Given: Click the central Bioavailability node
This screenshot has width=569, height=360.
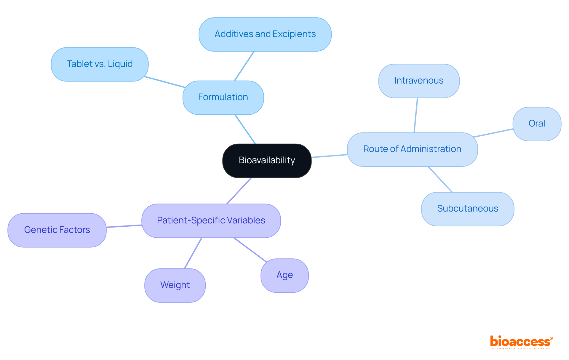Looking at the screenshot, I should pos(267,161).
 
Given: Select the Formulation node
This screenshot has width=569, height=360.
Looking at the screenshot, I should pos(223,97).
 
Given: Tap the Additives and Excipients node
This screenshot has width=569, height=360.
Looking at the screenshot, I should pos(265,34).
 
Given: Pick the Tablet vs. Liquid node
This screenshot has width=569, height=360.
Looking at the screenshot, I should pos(100,64).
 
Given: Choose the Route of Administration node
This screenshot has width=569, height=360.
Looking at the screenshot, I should pos(412,149).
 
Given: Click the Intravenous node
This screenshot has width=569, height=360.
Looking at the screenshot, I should pos(418,81).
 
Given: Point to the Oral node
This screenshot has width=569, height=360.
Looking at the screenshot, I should pos(536,124).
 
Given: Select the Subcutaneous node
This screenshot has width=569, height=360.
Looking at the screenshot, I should pos(467,209).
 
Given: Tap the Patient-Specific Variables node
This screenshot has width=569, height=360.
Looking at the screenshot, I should pos(211,220).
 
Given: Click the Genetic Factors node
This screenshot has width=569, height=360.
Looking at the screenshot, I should pos(57,230).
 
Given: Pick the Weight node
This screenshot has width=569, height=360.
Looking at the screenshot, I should pos(175,285).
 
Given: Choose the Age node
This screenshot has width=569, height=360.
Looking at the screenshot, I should pos(284,275).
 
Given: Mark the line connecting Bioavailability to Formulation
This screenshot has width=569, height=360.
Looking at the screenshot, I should pos(245,129).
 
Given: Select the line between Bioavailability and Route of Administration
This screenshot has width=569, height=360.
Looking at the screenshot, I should pos(329,156).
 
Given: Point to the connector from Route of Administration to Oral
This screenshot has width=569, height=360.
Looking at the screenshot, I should pos(493,133).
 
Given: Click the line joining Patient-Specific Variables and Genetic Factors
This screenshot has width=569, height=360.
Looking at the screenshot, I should pos(124,226).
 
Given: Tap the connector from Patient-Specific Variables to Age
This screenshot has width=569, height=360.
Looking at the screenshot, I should pos(250,249).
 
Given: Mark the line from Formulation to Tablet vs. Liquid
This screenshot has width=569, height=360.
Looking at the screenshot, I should pos(165,82).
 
